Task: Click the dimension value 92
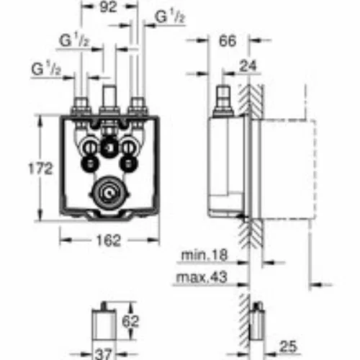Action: point(108,7)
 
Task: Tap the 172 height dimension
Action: point(40,168)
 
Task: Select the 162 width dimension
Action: point(109,240)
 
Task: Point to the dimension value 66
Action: point(228,41)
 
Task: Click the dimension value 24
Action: point(248,66)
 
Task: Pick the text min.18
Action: point(204,255)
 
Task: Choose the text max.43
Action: point(202,277)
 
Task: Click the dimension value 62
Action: point(130,321)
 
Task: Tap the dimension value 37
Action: point(104,354)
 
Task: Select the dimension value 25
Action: point(288,346)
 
